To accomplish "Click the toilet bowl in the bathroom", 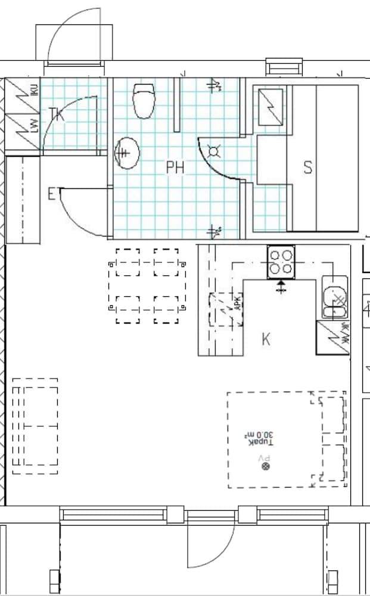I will (144, 101).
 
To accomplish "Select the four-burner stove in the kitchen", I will (281, 262).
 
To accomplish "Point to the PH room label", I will (175, 168).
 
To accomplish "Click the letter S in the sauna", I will (307, 167).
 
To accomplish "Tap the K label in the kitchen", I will (266, 339).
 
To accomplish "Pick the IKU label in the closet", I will (34, 91).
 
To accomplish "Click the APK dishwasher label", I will (237, 305).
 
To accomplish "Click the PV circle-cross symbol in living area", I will (266, 466).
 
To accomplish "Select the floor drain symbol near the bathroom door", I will (214, 151).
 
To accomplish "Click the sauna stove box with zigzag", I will (270, 107).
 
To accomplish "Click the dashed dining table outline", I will (147, 285).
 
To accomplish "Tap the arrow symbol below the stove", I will (281, 287).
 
